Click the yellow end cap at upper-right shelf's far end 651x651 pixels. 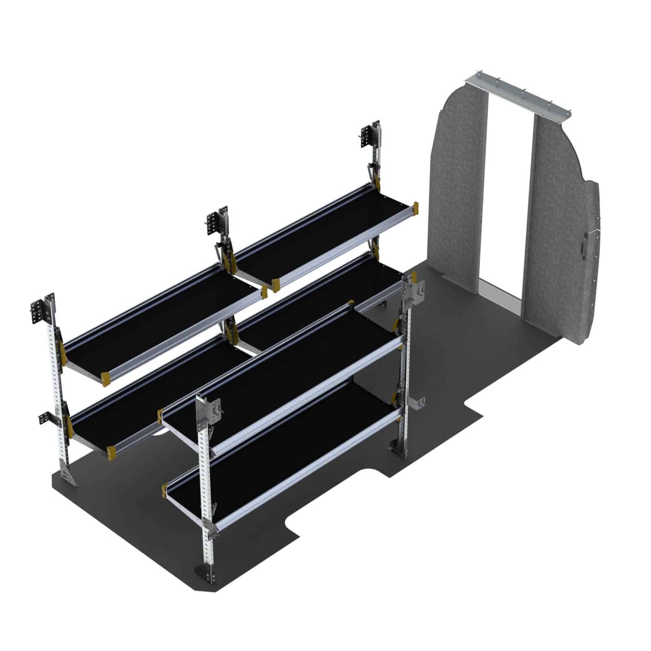tap(415, 209)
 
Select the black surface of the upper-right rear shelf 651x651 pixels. tap(324, 234)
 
